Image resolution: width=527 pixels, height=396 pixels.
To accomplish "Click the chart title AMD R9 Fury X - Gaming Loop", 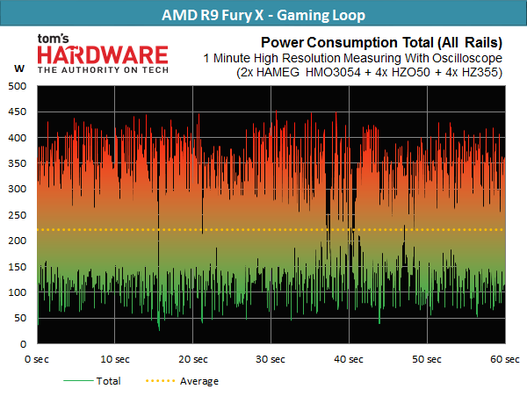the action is [263, 15].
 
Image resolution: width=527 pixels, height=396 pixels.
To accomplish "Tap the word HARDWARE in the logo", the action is [103, 55].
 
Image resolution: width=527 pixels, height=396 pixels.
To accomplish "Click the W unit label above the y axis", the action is [19, 68].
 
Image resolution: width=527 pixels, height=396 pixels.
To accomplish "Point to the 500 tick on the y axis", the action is [18, 86].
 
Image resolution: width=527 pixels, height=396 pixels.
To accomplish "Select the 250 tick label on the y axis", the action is [18, 215].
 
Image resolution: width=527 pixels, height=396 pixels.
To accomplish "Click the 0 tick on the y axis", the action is [23, 344].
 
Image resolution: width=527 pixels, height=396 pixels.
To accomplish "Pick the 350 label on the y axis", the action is [18, 163].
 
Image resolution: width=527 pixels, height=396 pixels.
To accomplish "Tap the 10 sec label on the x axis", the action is [115, 359].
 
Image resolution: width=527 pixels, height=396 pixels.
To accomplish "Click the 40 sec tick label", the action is [349, 359].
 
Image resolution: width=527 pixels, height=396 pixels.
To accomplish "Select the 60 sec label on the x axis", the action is [505, 359].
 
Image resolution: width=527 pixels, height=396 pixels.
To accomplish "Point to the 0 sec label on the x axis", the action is [37, 359].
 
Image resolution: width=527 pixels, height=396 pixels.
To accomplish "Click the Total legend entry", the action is [92, 381].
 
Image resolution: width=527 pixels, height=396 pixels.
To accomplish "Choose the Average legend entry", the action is [182, 381].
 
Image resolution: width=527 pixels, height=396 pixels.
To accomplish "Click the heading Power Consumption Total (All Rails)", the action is [381, 43].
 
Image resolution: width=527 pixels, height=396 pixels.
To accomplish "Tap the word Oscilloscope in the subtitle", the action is [467, 58].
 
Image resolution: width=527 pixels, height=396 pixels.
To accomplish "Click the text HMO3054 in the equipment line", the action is [333, 73].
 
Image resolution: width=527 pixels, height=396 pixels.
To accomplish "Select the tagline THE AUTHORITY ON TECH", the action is [103, 70].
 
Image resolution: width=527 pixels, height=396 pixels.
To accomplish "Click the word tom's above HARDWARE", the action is [53, 39].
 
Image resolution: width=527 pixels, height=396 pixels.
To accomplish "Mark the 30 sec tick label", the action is [271, 359].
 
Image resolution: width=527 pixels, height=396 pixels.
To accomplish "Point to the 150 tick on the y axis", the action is [18, 267].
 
